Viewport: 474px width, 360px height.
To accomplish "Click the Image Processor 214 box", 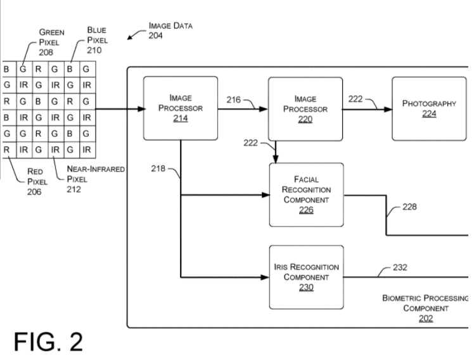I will (181, 108).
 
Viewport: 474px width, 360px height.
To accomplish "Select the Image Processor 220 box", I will (305, 108).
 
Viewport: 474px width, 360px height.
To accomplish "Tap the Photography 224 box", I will (429, 108).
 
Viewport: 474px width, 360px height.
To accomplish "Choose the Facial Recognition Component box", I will (306, 195).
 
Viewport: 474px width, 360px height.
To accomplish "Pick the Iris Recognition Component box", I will (306, 277).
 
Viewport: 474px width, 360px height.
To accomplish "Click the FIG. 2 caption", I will (48, 342).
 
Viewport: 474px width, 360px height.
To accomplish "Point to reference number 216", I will (233, 100).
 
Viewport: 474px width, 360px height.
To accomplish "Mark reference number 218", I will (158, 169).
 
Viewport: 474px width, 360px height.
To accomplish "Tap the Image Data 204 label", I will (170, 30).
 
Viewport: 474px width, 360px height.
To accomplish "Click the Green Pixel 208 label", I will (51, 42).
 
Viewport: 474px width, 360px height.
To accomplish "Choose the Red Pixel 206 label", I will (34, 181).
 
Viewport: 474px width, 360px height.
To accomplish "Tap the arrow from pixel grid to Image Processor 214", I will (120, 109).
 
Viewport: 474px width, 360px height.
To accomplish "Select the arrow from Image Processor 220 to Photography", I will (368, 109).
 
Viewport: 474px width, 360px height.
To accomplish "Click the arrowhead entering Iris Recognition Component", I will (266, 277).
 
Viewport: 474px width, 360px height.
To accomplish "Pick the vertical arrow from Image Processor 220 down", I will (276, 152).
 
